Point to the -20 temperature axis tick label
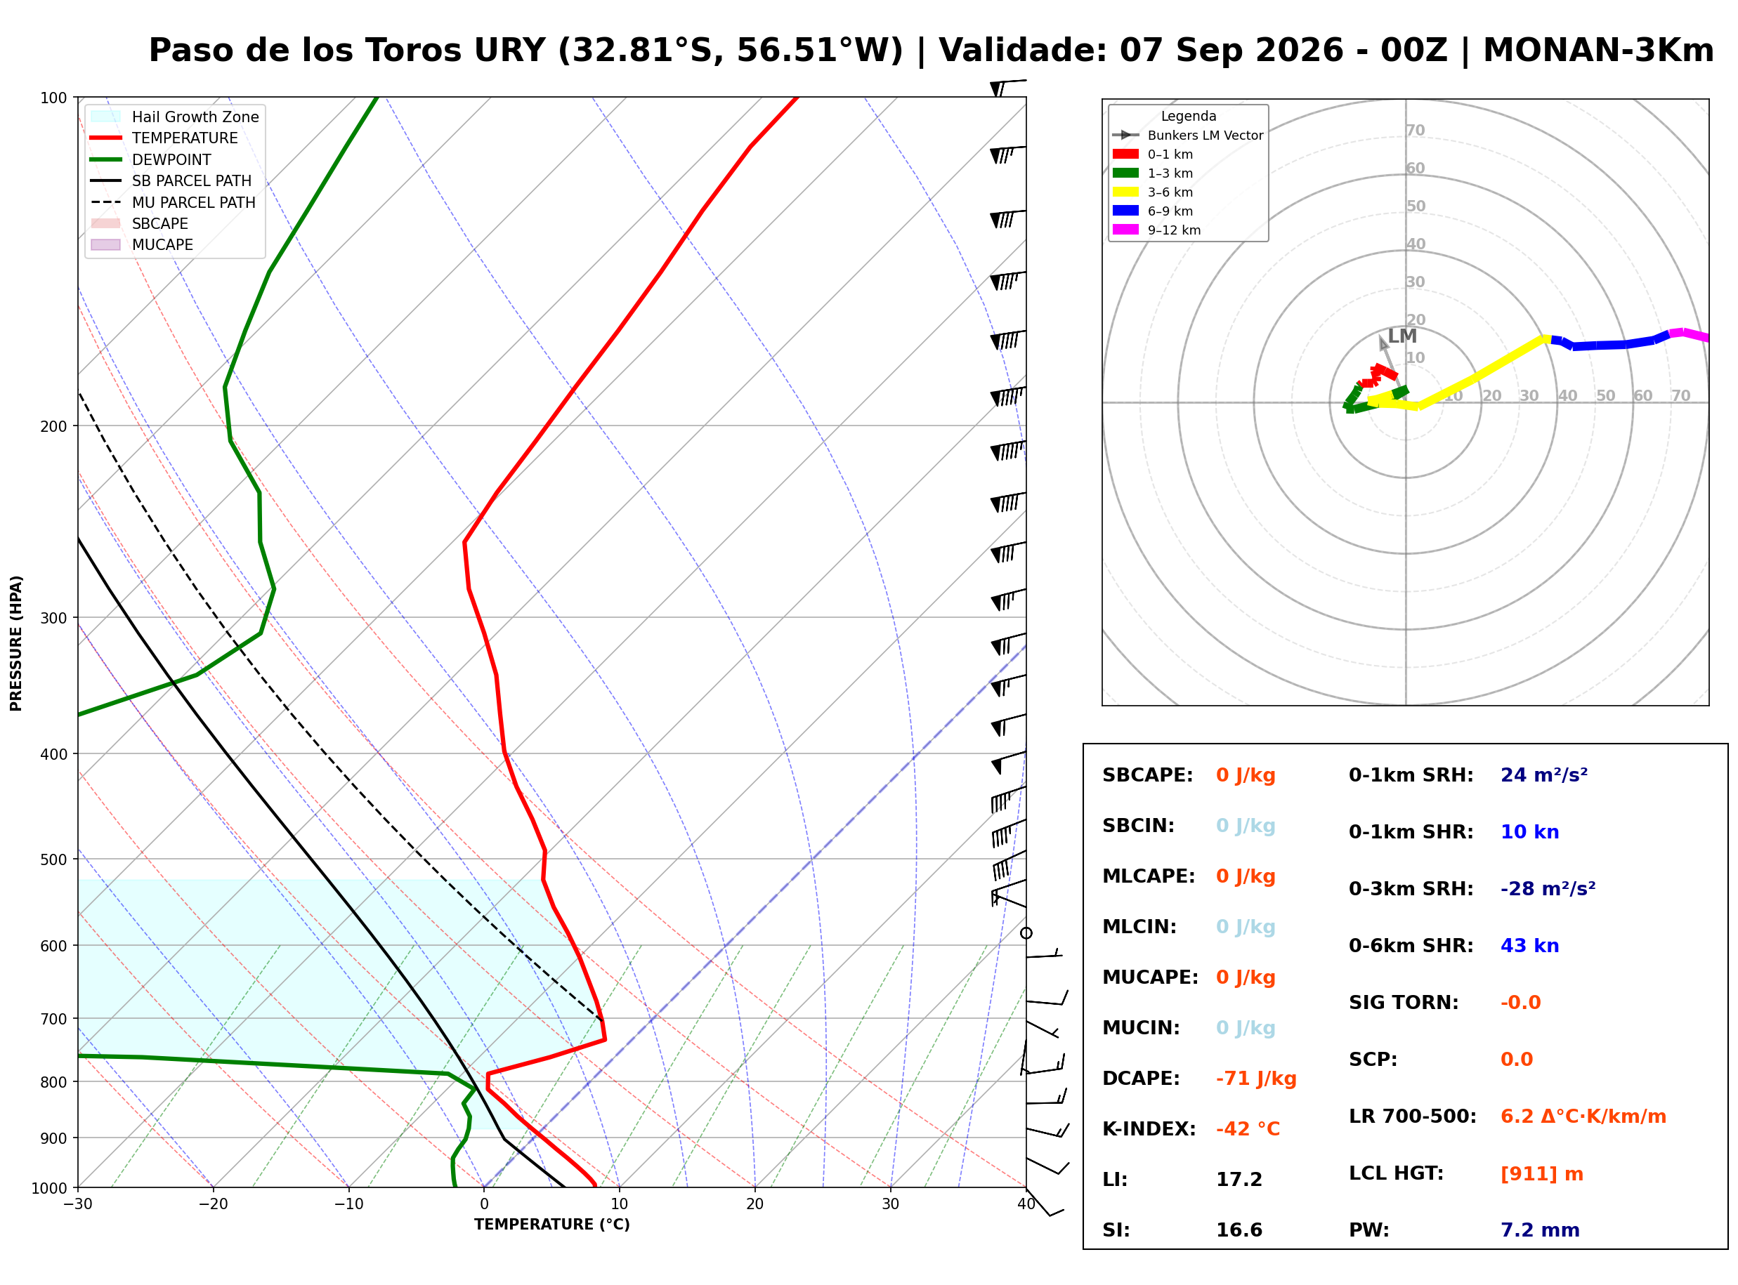[212, 1205]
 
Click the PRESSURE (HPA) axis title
[16, 643]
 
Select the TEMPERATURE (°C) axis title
[552, 1225]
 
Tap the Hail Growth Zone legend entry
[175, 117]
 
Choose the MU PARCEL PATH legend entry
[174, 202]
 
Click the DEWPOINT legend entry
[151, 159]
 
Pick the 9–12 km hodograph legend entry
[1157, 230]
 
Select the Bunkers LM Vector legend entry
[1188, 136]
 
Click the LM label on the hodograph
[1402, 336]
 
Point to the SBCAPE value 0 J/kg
[1246, 775]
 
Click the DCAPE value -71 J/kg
[1255, 1079]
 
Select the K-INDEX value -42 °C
[1248, 1129]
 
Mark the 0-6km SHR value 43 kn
[1529, 946]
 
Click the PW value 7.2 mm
[1540, 1230]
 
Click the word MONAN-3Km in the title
[1598, 51]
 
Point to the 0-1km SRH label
[1411, 775]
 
